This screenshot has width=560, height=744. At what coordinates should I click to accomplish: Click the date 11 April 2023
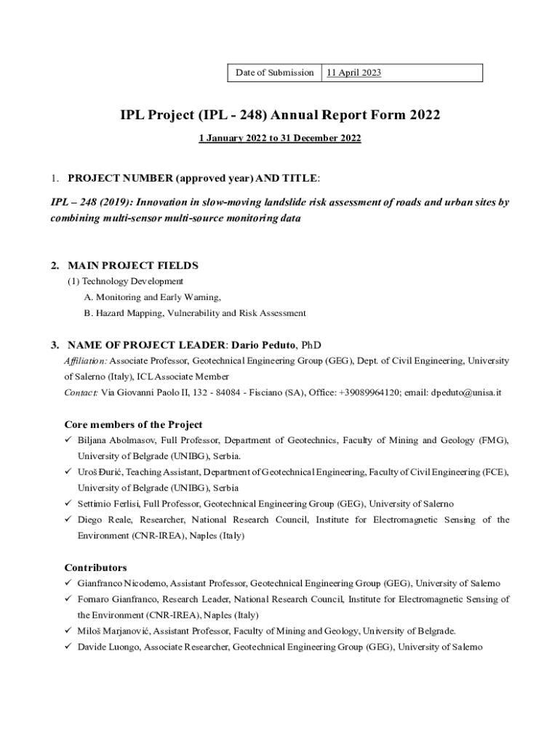point(353,73)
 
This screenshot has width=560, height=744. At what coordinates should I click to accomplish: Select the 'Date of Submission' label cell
point(275,73)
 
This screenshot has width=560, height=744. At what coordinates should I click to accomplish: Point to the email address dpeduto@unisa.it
point(466,392)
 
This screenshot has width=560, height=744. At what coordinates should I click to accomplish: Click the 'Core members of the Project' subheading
point(133,424)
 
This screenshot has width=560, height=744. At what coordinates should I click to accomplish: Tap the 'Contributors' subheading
point(95,567)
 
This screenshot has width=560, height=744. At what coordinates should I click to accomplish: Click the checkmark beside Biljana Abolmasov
point(68,440)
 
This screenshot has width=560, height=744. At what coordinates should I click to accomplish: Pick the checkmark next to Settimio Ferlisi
point(68,504)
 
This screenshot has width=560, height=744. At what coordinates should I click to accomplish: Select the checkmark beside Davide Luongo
point(68,647)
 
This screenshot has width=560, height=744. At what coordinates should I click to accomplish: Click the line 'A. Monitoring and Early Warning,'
point(152,297)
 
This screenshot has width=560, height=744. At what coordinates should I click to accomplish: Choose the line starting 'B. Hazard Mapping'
point(194,313)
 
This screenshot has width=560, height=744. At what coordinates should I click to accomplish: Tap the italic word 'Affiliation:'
point(86,360)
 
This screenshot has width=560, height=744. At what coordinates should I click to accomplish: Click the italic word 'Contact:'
point(81,392)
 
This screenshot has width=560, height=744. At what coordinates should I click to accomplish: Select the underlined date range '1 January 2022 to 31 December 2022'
point(280,138)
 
